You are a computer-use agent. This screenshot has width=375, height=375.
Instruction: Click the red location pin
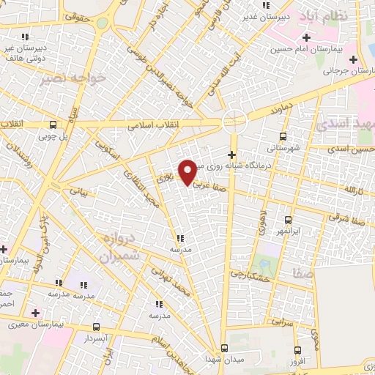pyautogui.click(x=188, y=171)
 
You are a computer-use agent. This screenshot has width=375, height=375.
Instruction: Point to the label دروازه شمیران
pyautogui.click(x=116, y=248)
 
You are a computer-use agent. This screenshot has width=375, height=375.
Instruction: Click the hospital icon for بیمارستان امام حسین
pyautogui.click(x=306, y=37)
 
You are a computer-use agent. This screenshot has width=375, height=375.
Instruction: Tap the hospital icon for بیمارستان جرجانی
pyautogui.click(x=354, y=59)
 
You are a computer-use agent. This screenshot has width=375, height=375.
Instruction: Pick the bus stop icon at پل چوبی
pyautogui.click(x=53, y=125)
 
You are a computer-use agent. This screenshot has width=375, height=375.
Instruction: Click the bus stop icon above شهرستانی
pyautogui.click(x=283, y=136)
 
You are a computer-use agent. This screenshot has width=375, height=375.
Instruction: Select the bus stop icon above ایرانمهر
pyautogui.click(x=287, y=219)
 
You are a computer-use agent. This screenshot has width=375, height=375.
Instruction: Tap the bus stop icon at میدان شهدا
pyautogui.click(x=224, y=348)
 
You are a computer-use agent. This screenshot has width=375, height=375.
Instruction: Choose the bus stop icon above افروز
pyautogui.click(x=297, y=350)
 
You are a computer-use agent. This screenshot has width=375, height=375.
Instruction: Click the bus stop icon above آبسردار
pyautogui.click(x=96, y=327)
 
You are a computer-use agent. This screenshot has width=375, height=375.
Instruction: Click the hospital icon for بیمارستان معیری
pyautogui.click(x=34, y=313)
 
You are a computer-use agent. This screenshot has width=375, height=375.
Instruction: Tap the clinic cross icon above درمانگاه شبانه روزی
pyautogui.click(x=232, y=155)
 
